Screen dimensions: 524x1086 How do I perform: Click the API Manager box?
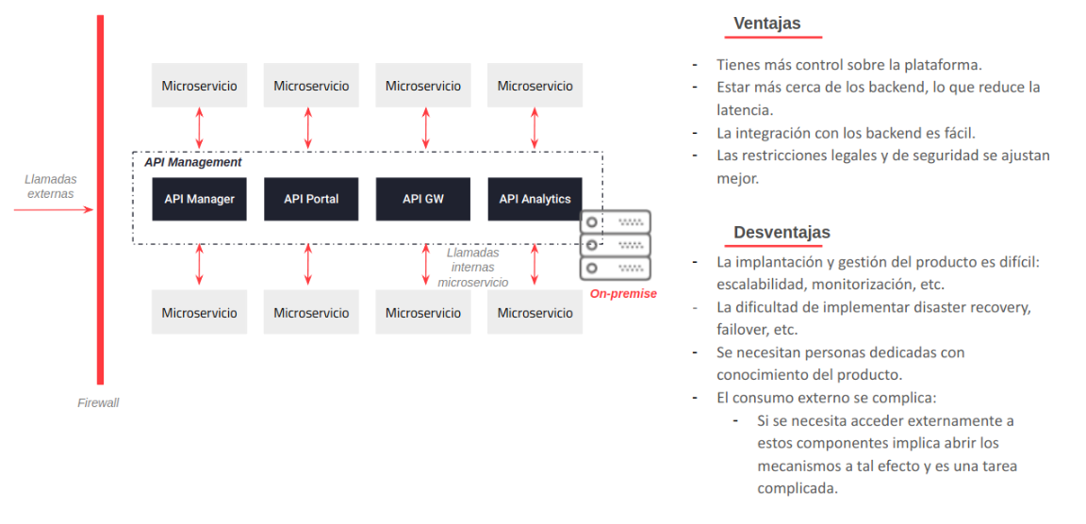coord(199,199)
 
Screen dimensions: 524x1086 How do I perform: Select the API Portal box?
coord(311,199)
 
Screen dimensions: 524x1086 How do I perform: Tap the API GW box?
coord(423,199)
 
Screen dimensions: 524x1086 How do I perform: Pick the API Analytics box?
coord(535,199)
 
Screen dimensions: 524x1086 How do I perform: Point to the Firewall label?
coord(98,403)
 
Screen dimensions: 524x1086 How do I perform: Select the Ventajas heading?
coord(766,24)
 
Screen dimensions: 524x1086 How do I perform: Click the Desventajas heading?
coord(782,232)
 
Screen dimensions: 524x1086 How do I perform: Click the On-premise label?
coord(623,294)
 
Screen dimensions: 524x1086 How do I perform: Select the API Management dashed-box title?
coord(192,162)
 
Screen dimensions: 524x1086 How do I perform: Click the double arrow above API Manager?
coord(199,127)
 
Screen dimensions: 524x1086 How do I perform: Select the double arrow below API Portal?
coord(308,265)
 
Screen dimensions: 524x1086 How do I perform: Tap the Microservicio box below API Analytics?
coord(535,313)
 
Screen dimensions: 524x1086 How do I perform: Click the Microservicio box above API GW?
coord(423,86)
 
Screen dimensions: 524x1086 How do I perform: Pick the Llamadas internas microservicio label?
coord(473,268)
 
